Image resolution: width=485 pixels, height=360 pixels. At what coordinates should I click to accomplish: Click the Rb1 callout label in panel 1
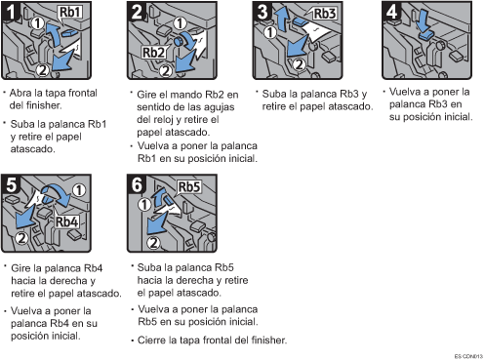pos(69,13)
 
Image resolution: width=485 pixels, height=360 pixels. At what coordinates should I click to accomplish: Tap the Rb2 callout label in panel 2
pos(153,52)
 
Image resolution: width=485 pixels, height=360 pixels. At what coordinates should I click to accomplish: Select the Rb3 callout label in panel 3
pos(324,14)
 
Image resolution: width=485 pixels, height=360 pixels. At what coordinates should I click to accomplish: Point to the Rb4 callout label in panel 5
pos(66,221)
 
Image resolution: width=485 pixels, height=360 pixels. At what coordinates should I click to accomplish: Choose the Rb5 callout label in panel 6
pos(189,187)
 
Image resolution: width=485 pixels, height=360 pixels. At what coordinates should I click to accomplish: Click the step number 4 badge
pos(391,12)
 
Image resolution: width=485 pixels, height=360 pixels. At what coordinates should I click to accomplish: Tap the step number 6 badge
pos(137,184)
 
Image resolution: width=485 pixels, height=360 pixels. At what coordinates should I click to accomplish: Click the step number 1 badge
pos(11,12)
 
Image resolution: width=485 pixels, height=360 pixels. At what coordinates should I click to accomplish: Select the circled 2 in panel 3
pos(299,64)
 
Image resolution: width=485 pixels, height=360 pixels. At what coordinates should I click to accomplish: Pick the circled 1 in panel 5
pos(79,190)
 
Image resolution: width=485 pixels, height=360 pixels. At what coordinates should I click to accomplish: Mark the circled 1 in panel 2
pos(180,23)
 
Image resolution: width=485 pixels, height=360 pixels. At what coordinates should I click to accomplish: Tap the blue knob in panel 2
pos(179,41)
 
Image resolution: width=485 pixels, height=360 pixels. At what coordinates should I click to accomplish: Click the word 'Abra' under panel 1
pos(20,93)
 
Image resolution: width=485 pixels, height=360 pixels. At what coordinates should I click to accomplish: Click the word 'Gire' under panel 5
pos(21,268)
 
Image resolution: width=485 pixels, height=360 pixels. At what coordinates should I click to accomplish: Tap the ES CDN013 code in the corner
pos(468,356)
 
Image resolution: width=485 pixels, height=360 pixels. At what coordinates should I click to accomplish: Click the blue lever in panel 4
pos(424,36)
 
